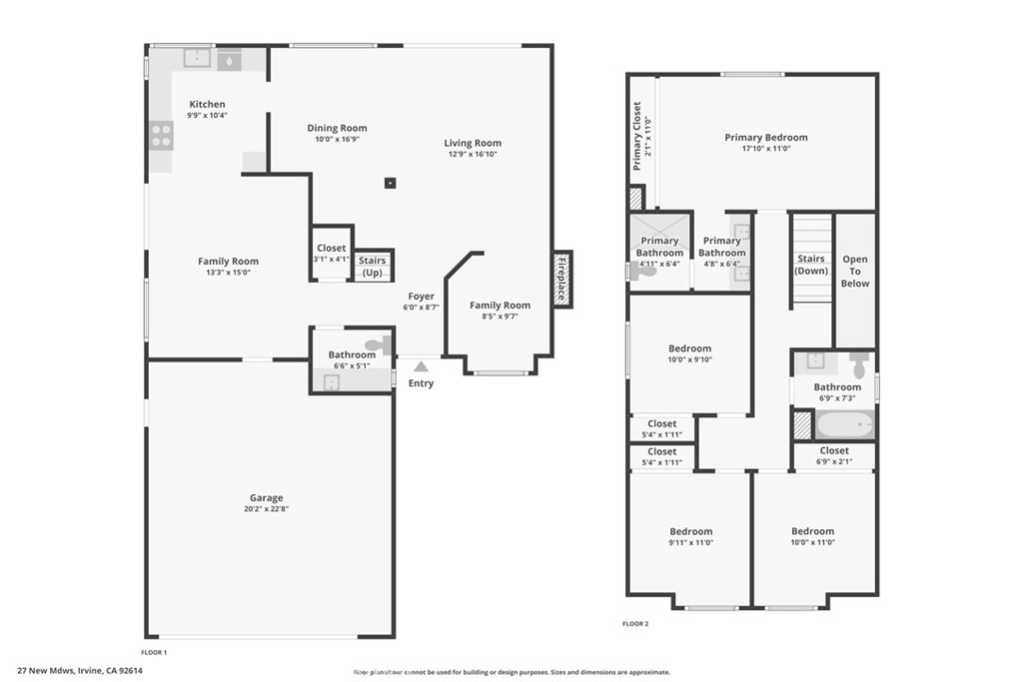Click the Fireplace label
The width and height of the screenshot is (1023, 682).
click(561, 280)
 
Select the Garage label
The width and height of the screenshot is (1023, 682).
click(267, 497)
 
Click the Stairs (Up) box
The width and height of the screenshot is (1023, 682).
click(372, 266)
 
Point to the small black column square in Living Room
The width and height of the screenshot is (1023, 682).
click(391, 183)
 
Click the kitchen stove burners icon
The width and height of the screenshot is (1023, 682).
click(161, 135)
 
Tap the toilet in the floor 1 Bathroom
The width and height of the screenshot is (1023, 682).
click(377, 345)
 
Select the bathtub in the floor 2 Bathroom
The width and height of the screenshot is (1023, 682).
click(844, 424)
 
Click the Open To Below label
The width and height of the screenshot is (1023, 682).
click(855, 271)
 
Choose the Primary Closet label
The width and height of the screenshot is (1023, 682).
click(637, 136)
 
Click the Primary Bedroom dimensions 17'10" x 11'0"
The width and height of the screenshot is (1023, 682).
click(765, 149)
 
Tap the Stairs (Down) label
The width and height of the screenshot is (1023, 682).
click(811, 265)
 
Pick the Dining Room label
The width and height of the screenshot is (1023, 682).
click(337, 128)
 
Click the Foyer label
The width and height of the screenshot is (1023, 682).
click(421, 296)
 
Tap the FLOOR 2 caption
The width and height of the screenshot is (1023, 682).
click(635, 624)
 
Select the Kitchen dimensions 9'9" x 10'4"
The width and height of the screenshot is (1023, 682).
click(207, 115)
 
